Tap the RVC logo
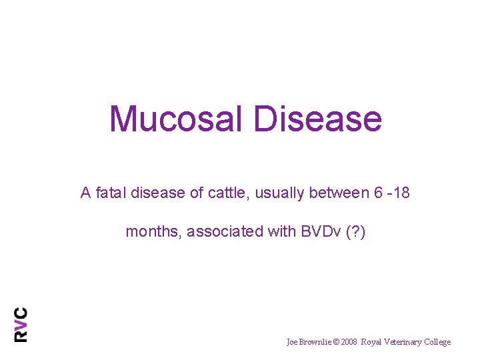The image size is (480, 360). pyautogui.click(x=21, y=324)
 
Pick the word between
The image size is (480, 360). pyautogui.click(x=337, y=193)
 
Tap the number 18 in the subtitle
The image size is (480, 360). pyautogui.click(x=402, y=193)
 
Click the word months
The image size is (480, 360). pyautogui.click(x=153, y=232)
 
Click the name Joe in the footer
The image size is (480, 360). pyautogui.click(x=292, y=342)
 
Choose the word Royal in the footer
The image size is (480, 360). pyautogui.click(x=372, y=342)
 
